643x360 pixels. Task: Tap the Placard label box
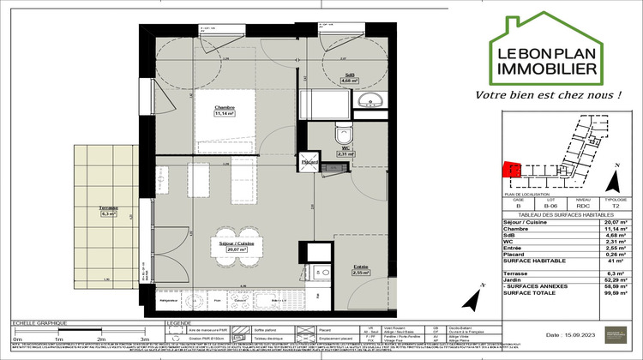(309, 162)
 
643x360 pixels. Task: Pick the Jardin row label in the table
(513, 280)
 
